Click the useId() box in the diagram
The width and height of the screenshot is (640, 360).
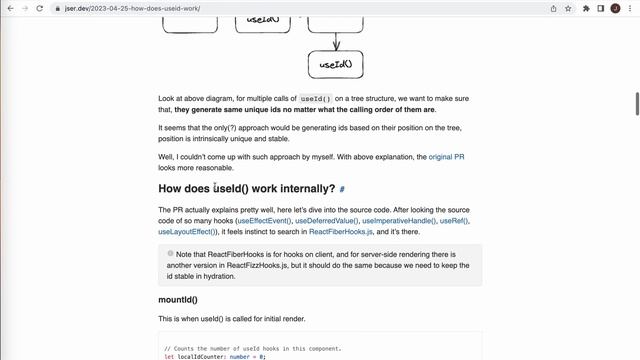click(x=336, y=65)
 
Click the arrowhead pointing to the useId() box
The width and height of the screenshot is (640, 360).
click(x=336, y=46)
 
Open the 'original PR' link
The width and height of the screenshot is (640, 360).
click(x=446, y=157)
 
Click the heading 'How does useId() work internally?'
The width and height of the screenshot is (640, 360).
click(x=246, y=188)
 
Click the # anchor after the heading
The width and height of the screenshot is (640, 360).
click(x=342, y=189)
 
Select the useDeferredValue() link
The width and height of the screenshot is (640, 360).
click(x=326, y=220)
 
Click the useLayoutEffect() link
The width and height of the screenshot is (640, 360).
click(x=189, y=231)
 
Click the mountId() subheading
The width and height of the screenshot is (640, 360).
click(x=178, y=299)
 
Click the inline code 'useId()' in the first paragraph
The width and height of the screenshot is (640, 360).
click(x=316, y=99)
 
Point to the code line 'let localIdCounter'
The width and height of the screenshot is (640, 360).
click(x=215, y=356)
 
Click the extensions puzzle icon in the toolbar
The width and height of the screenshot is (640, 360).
click(x=586, y=8)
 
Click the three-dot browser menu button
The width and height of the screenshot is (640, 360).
click(x=629, y=8)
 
